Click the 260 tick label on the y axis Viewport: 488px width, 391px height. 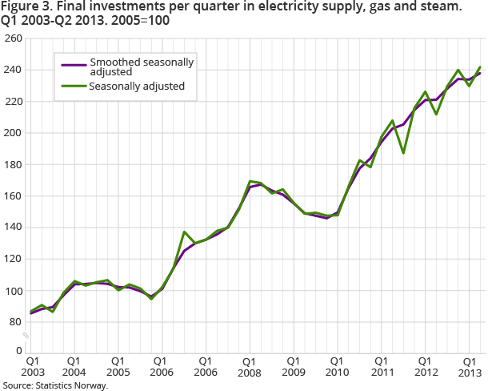point(13,38)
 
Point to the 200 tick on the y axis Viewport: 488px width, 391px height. point(13,133)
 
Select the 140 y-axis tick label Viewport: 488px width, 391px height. point(13,228)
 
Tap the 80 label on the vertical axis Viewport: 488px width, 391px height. point(16,322)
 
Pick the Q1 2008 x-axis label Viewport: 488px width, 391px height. point(250,367)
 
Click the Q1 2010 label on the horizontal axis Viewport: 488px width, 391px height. point(337,367)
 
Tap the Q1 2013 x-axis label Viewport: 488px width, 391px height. point(468,367)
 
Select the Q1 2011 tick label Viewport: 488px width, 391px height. point(381,367)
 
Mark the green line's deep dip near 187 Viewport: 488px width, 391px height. point(403,153)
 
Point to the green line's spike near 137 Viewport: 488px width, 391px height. point(184,232)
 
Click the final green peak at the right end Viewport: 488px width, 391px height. point(480,67)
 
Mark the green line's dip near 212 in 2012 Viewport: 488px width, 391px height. point(436,114)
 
